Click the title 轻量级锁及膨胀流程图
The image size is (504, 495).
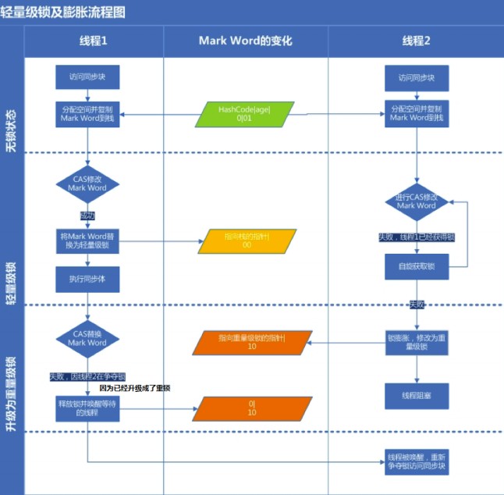point(64,12)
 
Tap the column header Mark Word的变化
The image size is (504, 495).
point(245,41)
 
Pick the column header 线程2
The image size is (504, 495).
point(417,41)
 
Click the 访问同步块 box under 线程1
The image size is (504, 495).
point(87,77)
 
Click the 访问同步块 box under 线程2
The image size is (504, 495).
point(417,78)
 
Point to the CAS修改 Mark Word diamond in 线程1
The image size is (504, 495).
point(87,184)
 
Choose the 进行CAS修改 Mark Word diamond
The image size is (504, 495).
point(417,201)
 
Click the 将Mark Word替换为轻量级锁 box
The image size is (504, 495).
point(87,240)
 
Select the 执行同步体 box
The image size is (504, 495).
point(87,278)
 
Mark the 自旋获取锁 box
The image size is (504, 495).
point(417,266)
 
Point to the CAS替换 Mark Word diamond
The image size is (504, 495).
point(87,338)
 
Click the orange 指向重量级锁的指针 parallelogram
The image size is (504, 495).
point(252,342)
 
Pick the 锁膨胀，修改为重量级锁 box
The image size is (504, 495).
point(417,343)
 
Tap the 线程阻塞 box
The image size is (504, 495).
point(417,395)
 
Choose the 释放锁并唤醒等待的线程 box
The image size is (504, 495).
point(87,408)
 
